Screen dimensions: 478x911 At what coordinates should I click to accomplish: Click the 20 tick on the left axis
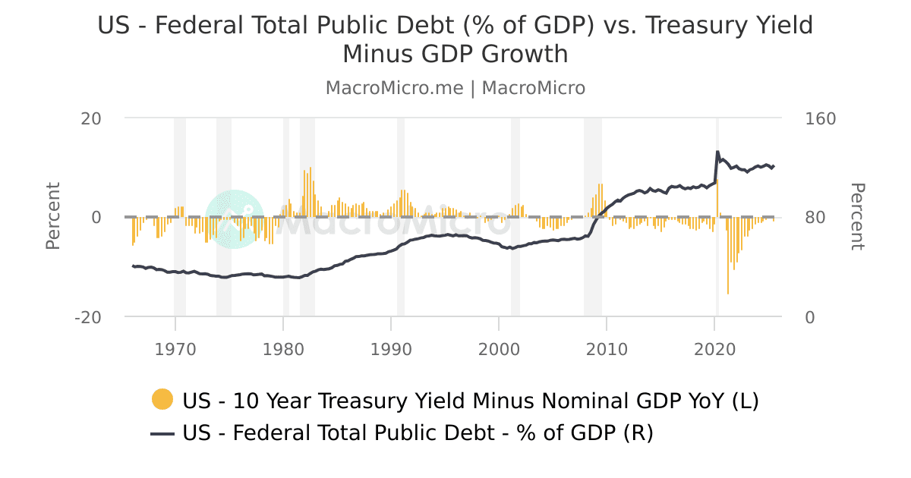pyautogui.click(x=92, y=119)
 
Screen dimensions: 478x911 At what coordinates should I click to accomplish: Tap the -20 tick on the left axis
pyautogui.click(x=88, y=317)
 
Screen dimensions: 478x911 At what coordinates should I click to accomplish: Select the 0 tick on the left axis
pyautogui.click(x=96, y=218)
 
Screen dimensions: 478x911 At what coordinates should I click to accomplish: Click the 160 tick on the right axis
pyautogui.click(x=820, y=119)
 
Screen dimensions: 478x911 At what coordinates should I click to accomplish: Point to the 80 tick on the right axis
pyautogui.click(x=815, y=218)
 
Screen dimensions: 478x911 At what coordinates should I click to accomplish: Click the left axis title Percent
pyautogui.click(x=53, y=216)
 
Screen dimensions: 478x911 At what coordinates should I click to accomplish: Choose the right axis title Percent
pyautogui.click(x=856, y=216)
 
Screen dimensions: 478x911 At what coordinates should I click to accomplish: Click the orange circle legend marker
pyautogui.click(x=162, y=399)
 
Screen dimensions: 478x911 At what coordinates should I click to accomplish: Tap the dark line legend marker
pyautogui.click(x=162, y=433)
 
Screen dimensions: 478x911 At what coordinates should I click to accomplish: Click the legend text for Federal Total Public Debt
pyautogui.click(x=418, y=433)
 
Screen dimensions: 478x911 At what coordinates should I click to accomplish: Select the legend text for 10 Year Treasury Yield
pyautogui.click(x=470, y=400)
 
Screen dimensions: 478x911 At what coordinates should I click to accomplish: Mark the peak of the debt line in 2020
pyautogui.click(x=717, y=152)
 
